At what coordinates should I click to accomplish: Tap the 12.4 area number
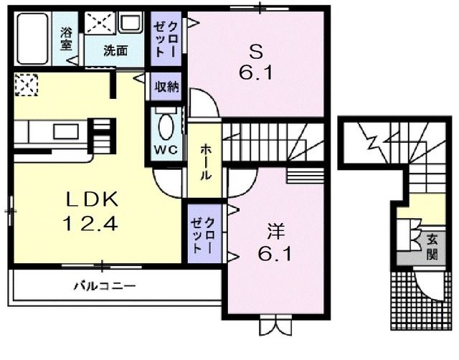pyautogui.click(x=91, y=224)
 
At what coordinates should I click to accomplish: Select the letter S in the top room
pyautogui.click(x=255, y=52)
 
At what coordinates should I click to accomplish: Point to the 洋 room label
pyautogui.click(x=275, y=232)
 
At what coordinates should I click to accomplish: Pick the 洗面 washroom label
pyautogui.click(x=115, y=51)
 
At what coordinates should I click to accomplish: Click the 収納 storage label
pyautogui.click(x=166, y=87)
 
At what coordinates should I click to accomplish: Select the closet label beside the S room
pyautogui.click(x=166, y=39)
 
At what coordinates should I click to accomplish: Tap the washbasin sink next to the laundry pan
pyautogui.click(x=131, y=22)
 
